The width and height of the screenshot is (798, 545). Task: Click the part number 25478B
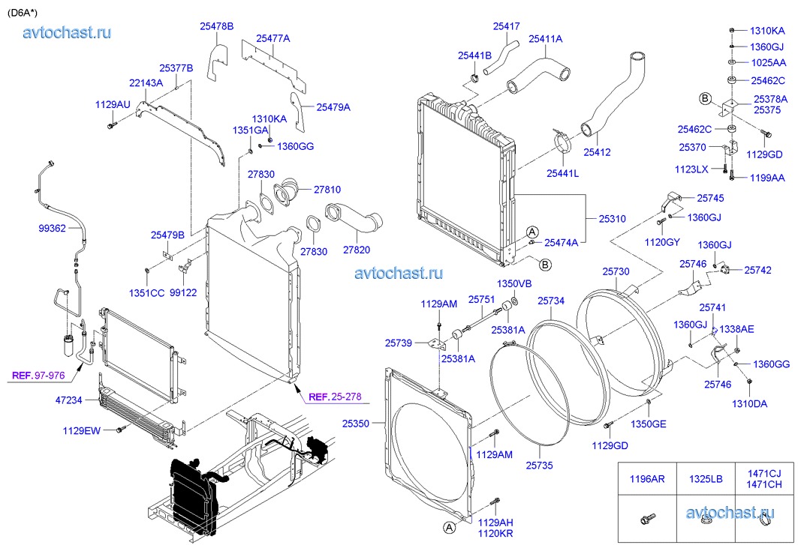pos(216,26)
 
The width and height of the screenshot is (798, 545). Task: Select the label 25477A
pos(273,38)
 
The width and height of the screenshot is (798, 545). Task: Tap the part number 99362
pos(53,227)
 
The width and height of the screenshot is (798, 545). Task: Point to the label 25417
pos(506,26)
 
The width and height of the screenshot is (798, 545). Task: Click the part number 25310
pos(612,219)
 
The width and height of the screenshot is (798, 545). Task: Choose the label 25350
pos(356,424)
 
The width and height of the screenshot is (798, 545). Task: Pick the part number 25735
pos(538,465)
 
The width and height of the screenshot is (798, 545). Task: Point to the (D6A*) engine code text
pos(23,11)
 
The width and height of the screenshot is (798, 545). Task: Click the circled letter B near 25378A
pos(706,98)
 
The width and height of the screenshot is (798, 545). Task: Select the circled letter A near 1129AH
pos(449,528)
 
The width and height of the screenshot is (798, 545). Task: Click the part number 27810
pos(327,190)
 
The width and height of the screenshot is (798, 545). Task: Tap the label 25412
pos(597,152)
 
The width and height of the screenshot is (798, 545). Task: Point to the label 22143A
pos(146,83)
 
